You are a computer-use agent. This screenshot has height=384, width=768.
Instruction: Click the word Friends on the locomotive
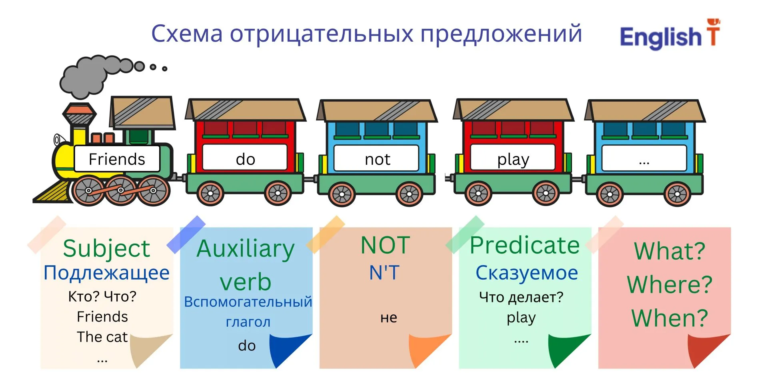[x=117, y=159]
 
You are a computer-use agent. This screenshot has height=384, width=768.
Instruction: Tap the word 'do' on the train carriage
[x=246, y=159]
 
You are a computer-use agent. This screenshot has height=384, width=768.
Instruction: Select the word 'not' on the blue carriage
[x=378, y=160]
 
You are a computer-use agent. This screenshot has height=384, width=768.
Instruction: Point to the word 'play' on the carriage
[x=513, y=160]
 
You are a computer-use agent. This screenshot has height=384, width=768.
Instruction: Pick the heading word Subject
[x=106, y=248]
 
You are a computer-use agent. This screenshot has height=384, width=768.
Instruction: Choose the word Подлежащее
[x=106, y=273]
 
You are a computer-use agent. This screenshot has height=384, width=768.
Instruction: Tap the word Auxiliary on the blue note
[x=246, y=249]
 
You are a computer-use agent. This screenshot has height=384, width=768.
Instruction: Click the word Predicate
[x=524, y=245]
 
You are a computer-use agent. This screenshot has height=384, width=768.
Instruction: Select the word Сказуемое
[x=527, y=273]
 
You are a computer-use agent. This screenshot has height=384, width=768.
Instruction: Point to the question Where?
[x=670, y=284]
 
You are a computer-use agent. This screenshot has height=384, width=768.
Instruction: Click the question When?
[x=670, y=318]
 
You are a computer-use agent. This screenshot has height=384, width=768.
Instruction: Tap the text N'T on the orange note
[x=384, y=273]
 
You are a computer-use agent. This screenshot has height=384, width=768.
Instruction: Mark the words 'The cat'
[x=102, y=337]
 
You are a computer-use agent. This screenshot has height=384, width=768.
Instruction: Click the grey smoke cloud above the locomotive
[x=96, y=75]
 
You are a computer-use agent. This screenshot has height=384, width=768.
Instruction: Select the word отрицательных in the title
[x=322, y=34]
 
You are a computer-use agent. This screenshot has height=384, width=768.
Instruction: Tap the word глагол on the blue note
[x=248, y=322]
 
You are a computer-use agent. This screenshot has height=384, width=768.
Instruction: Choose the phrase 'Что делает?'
[x=521, y=297]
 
